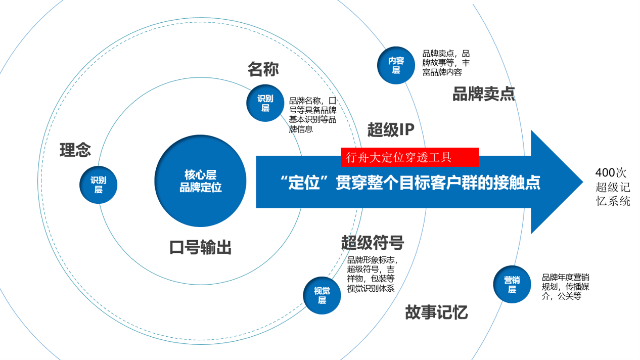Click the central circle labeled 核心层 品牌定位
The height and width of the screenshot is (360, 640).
click(x=200, y=181)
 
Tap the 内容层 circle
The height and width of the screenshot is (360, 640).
click(x=396, y=65)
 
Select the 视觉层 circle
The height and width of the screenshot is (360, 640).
click(x=322, y=295)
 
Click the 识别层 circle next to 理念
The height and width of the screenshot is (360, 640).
click(x=99, y=185)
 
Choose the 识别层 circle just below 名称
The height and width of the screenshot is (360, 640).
click(x=265, y=103)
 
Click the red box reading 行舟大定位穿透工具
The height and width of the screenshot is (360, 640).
click(x=409, y=157)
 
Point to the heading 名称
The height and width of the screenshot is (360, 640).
click(x=263, y=69)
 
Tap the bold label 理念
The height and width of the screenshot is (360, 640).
click(x=75, y=150)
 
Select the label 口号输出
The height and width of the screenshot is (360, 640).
click(x=200, y=248)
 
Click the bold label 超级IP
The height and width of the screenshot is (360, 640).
click(x=391, y=130)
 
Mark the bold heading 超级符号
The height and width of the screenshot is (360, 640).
click(x=373, y=243)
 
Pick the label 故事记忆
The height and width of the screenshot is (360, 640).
click(x=436, y=312)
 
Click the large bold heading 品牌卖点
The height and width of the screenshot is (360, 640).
click(x=483, y=94)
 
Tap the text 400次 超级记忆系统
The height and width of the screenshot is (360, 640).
click(x=613, y=187)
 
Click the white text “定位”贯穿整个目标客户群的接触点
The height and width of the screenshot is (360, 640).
click(x=410, y=183)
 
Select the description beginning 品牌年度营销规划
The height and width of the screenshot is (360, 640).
click(x=565, y=287)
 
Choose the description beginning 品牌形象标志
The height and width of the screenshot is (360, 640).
click(x=372, y=274)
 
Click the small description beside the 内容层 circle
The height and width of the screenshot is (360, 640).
click(x=446, y=63)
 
